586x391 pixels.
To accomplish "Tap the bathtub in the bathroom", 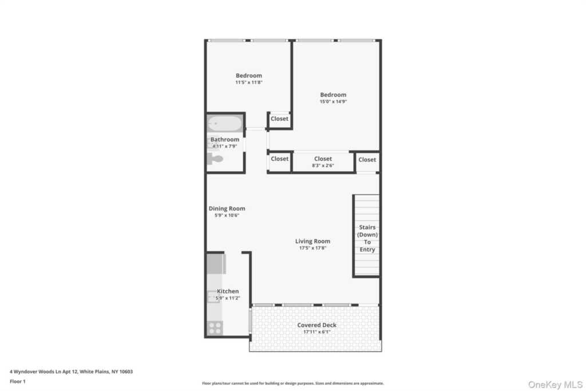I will (225, 123).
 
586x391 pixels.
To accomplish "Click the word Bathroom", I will (224, 140).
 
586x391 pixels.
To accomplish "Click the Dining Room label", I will (227, 208).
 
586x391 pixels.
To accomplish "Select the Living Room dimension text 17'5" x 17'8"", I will (312, 248).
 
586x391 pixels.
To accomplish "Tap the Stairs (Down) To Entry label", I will (367, 238).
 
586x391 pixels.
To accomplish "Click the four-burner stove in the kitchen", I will (215, 327).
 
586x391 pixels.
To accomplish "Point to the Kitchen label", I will (228, 291).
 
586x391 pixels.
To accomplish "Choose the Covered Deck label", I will (316, 325).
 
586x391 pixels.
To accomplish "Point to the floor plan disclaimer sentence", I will (292, 384).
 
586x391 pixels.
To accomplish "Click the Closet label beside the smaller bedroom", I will (279, 119).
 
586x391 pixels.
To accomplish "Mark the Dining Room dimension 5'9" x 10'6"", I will (227, 216).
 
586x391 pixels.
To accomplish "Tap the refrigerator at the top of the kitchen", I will (216, 264).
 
